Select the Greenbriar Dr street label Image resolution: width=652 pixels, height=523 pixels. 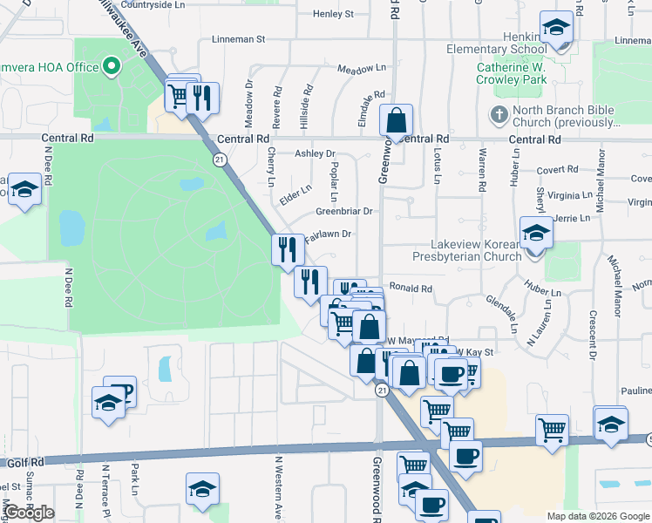coord(343,211)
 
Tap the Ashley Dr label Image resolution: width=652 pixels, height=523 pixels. coord(315,153)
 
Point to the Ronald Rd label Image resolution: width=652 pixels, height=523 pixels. coord(411,288)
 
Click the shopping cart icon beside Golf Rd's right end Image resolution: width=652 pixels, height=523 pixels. coord(552,429)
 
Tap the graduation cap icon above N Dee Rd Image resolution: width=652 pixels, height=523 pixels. coord(24,188)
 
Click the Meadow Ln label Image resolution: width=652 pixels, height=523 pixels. coord(361,68)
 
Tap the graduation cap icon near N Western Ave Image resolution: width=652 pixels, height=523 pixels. coord(202,489)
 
